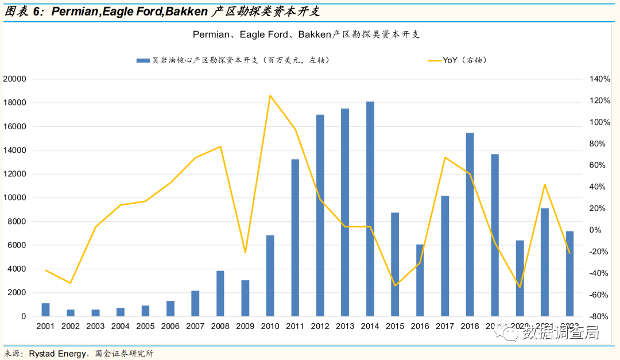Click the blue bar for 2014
(x=370, y=209)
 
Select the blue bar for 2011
(x=295, y=238)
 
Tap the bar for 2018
(x=470, y=224)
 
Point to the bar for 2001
(x=45, y=309)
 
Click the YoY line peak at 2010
(x=270, y=95)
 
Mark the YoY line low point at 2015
(x=395, y=285)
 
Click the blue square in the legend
(x=140, y=60)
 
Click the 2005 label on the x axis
(x=145, y=327)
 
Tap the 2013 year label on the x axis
(x=344, y=327)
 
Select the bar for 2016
(x=420, y=280)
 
